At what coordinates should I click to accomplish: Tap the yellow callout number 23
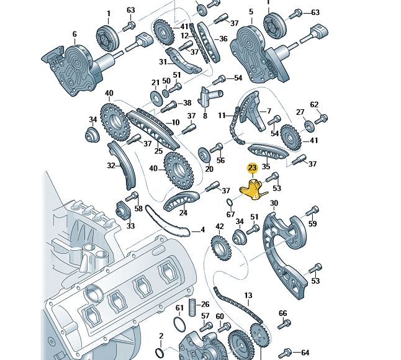coord(252,168)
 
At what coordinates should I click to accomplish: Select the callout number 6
coord(74,34)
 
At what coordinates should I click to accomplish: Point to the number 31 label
coord(163,62)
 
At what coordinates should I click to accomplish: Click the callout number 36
coord(223,38)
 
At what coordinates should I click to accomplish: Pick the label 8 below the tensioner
coord(205,116)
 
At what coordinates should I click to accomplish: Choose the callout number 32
coord(111,166)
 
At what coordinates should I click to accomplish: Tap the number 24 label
coord(183,213)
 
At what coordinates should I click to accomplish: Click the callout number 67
coord(231,215)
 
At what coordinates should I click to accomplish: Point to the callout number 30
coord(274,204)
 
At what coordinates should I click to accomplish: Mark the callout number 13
coord(248,295)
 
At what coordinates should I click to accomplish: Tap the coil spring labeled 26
coord(192,305)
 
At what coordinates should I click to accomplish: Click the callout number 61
coord(179,308)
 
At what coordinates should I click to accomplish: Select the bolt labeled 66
coord(285,323)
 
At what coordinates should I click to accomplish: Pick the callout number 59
coord(313,223)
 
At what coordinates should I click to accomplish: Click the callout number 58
coord(138,209)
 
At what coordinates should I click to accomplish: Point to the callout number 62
coord(314,104)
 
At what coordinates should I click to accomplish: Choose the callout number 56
coord(220,161)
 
